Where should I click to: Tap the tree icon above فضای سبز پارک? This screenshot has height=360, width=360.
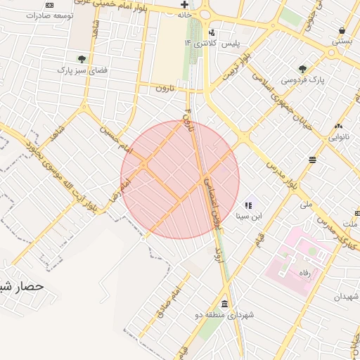[x=82, y=59]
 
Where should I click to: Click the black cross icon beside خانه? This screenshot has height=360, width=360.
[x=184, y=4]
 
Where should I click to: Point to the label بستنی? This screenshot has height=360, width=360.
[x=342, y=41]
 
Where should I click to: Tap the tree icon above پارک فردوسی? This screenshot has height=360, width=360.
[x=302, y=69]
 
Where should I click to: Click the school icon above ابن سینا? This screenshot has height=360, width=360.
[x=247, y=205]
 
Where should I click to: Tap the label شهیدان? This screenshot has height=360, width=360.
[x=346, y=297]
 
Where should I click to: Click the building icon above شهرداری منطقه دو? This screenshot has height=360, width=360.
[x=224, y=304]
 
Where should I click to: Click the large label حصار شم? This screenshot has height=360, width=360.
[x=21, y=287]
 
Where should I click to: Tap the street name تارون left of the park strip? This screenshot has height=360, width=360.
[x=163, y=88]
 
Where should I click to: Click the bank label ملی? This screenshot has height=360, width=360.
[x=305, y=205]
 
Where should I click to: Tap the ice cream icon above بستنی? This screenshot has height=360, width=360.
[x=342, y=30]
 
